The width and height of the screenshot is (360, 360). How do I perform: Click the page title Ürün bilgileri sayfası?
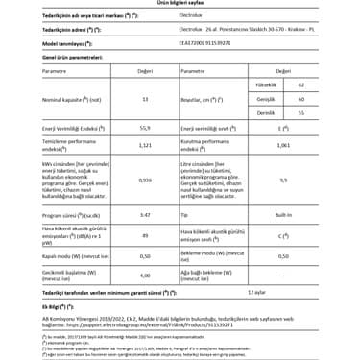tap(180, 4)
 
